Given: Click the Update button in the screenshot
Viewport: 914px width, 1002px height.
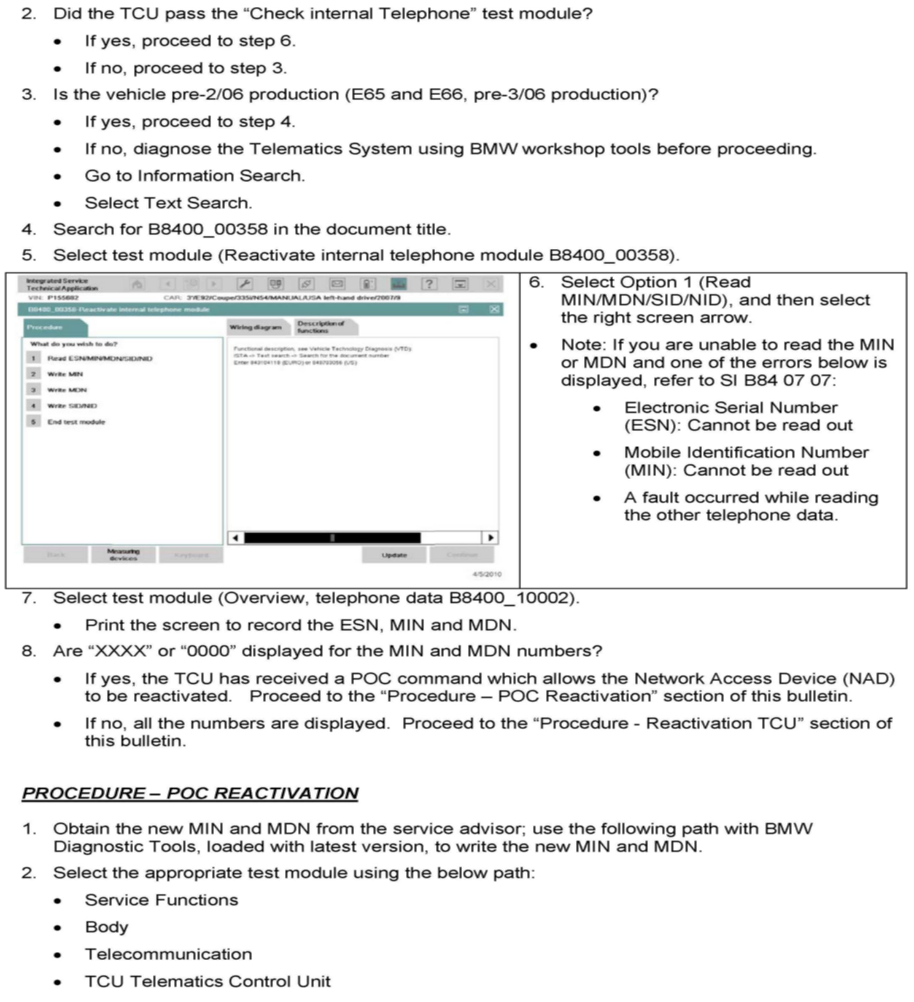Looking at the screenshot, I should tap(394, 555).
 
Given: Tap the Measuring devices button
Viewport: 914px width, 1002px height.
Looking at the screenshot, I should tap(123, 555).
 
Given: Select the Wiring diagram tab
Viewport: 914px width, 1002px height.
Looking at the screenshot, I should tap(256, 327).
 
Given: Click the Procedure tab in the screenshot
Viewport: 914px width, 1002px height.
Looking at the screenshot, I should tap(55, 328).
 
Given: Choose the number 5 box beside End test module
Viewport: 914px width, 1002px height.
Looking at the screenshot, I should tap(33, 422).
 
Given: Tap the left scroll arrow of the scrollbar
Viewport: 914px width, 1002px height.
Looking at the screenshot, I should tap(235, 537).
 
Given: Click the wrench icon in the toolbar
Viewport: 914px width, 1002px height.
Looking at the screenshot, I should tap(245, 284).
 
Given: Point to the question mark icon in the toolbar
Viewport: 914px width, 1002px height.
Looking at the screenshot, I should tap(429, 284).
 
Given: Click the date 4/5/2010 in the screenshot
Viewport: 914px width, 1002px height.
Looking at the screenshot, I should tap(487, 574).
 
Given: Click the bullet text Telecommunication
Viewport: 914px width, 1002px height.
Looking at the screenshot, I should tap(169, 954).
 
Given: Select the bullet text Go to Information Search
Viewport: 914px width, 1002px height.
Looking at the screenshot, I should tap(195, 175).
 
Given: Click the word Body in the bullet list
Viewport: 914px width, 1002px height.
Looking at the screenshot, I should tap(106, 927).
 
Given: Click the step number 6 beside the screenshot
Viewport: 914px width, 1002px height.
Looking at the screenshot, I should tap(535, 282).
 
